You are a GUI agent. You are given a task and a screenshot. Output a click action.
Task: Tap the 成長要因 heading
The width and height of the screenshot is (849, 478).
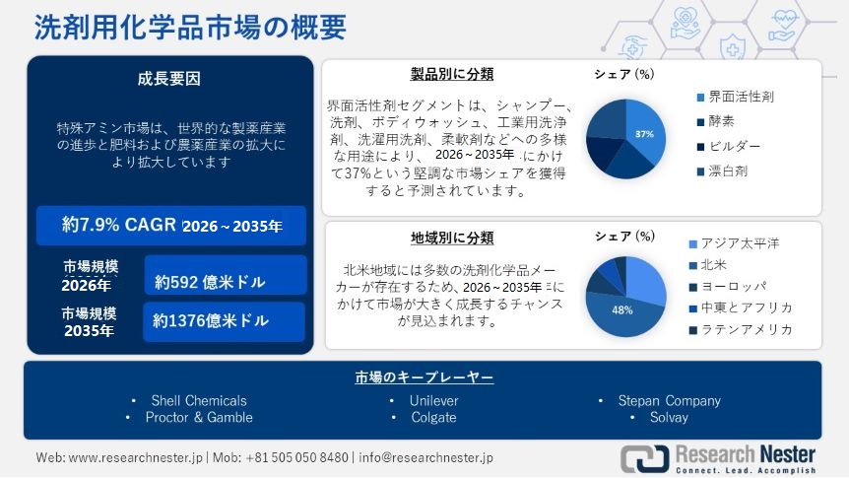pyautogui.click(x=168, y=79)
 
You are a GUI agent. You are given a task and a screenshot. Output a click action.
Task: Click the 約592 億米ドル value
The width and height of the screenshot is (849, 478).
pyautogui.click(x=211, y=282)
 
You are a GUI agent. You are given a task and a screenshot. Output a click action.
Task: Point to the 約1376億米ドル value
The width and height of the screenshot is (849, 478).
pyautogui.click(x=211, y=321)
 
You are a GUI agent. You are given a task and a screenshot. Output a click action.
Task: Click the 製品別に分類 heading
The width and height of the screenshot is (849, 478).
pyautogui.click(x=452, y=74)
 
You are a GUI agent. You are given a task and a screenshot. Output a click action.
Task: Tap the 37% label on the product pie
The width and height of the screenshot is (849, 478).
pyautogui.click(x=644, y=133)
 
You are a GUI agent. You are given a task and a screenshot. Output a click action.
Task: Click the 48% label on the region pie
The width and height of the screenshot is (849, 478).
pyautogui.click(x=621, y=309)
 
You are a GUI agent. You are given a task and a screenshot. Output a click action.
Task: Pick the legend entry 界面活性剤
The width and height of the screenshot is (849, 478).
pyautogui.click(x=741, y=97)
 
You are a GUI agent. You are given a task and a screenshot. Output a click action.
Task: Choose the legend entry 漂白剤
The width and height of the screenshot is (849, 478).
pyautogui.click(x=734, y=171)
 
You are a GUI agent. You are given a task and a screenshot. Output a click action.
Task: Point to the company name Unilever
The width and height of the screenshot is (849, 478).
pyautogui.click(x=433, y=401)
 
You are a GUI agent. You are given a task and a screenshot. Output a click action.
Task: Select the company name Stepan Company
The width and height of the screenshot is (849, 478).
pyautogui.click(x=669, y=401)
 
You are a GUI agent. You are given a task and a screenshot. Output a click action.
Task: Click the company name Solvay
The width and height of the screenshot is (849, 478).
pyautogui.click(x=669, y=418)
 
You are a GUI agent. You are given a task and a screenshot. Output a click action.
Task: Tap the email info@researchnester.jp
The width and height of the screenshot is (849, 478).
pyautogui.click(x=425, y=458)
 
